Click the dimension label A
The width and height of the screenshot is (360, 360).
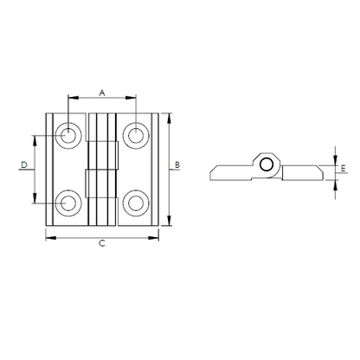pos(102,93)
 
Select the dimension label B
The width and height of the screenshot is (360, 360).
pos(177,165)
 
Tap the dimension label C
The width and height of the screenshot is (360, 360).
pos(102,243)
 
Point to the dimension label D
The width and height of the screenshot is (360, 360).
pos(24,165)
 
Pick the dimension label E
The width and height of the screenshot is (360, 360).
pos(343,168)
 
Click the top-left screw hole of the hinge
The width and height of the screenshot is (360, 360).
pos(68,135)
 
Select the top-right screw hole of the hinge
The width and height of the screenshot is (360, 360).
pos(136,135)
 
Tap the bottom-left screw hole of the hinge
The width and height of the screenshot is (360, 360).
pos(68,203)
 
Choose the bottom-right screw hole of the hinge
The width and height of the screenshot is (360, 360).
pos(136,203)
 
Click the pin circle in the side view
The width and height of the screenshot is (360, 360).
pos(267,165)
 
